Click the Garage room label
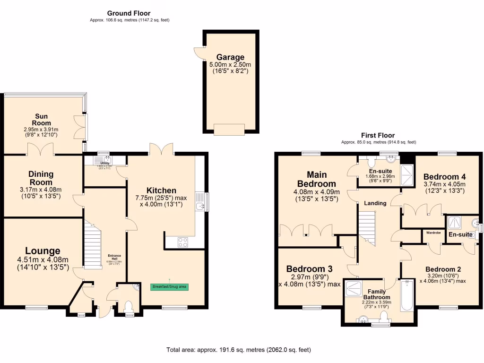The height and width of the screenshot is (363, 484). pyautogui.click(x=230, y=57)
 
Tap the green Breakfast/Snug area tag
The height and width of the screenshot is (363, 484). pyautogui.click(x=169, y=287)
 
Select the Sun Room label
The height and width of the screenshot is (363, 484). pyautogui.click(x=41, y=120)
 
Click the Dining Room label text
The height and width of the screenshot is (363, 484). pyautogui.click(x=41, y=178)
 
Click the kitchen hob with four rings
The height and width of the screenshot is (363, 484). pyautogui.click(x=183, y=242)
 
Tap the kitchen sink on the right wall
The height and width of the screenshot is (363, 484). pyautogui.click(x=201, y=205)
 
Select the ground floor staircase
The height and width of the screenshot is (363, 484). pyautogui.click(x=93, y=246)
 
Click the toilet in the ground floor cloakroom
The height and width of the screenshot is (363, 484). pyautogui.click(x=128, y=309)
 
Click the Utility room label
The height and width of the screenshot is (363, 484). pyautogui.click(x=104, y=163)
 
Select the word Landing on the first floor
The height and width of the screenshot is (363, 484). pyautogui.click(x=375, y=203)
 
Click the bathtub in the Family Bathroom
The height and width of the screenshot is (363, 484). pyautogui.click(x=406, y=296)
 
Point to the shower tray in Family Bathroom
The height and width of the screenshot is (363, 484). pyautogui.click(x=352, y=288)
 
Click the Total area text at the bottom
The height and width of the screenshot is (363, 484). pyautogui.click(x=239, y=350)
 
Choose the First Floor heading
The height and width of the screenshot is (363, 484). pyautogui.click(x=379, y=135)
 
